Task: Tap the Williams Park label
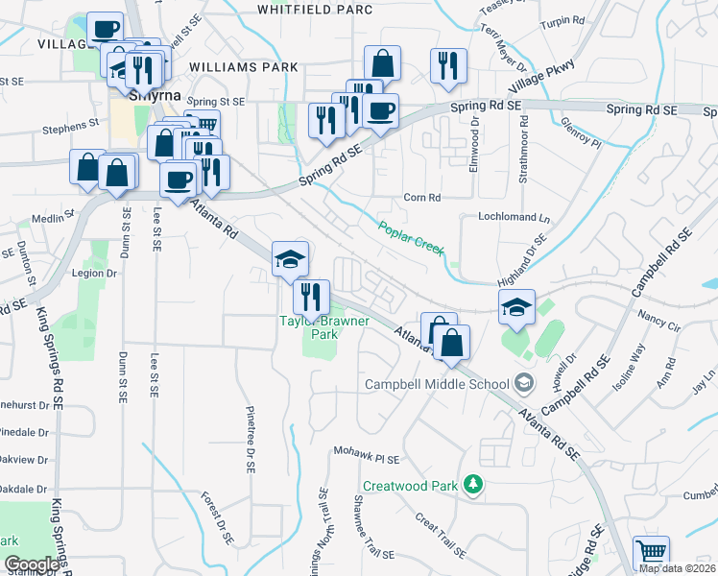244,67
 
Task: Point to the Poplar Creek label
412,237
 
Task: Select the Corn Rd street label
421,197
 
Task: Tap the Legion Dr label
94,274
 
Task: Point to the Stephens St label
70,124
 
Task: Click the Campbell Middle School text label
437,384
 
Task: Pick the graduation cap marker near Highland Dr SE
516,307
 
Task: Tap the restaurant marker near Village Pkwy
448,65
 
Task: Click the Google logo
32,564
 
